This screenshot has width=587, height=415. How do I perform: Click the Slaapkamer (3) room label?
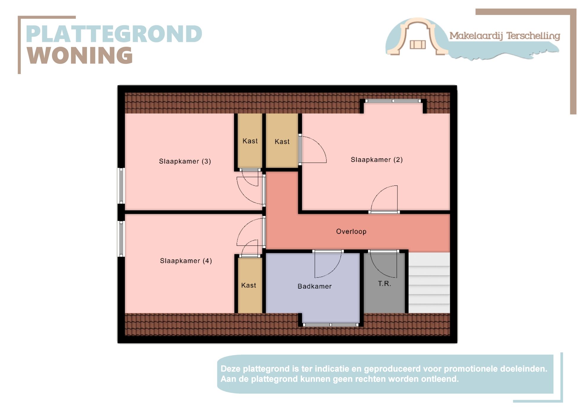185,161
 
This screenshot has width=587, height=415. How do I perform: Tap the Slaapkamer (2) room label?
376,160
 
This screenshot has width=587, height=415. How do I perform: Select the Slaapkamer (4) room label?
186,261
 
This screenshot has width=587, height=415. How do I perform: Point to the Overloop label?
351,231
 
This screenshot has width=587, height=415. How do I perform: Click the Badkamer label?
315,286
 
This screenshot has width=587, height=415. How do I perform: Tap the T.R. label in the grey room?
384,284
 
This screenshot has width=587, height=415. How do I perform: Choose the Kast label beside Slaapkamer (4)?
249,285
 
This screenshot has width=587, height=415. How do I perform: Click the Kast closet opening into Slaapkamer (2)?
282,141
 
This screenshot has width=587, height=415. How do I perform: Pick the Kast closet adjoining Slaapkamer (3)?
250,141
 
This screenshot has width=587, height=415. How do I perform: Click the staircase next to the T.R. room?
429,282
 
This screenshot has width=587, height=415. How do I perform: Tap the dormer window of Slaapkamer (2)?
393,101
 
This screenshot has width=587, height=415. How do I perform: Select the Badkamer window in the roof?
331,325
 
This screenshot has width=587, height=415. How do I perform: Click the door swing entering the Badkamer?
327,264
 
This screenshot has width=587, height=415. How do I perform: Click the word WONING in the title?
80,55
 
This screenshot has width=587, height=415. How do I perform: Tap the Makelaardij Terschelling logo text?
504,36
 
